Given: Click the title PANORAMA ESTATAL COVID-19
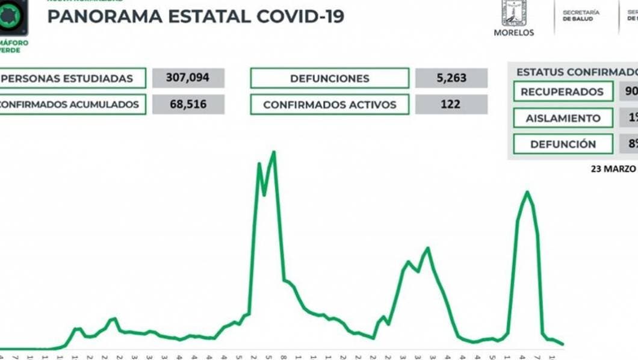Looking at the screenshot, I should (196, 16).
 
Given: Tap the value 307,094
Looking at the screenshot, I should (188, 78).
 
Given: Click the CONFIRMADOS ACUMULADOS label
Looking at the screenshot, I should (71, 104).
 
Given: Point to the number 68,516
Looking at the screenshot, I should (188, 104).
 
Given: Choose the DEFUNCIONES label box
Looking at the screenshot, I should (329, 78).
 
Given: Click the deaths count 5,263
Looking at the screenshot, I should (450, 78).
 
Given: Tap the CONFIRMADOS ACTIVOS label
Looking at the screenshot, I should (329, 104).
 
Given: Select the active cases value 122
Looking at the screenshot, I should (450, 104).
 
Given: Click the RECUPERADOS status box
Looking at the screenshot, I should (562, 92).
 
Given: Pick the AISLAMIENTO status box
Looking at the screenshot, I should (562, 118).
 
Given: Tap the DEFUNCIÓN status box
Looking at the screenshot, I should (562, 144).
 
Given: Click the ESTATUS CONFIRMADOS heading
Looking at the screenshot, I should (575, 72).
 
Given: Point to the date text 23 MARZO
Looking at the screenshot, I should (613, 169).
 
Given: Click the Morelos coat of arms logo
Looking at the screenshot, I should (513, 13).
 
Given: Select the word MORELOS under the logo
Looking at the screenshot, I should (513, 33).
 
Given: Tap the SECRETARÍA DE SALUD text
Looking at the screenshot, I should (581, 16).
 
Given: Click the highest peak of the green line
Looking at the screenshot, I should (274, 152).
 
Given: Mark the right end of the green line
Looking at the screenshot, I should (563, 344).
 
